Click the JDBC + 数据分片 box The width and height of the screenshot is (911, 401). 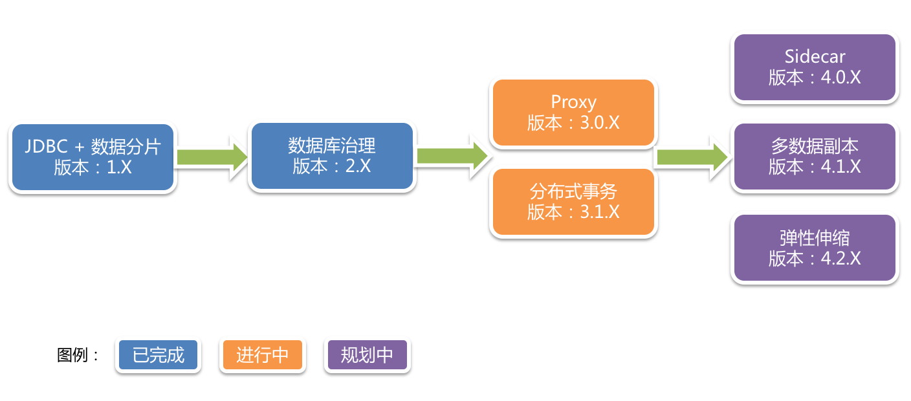[93, 157]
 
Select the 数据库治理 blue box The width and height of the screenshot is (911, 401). [331, 156]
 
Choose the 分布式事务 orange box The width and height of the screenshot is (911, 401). [573, 202]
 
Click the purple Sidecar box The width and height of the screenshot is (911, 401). [815, 67]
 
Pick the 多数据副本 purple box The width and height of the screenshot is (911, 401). [815, 157]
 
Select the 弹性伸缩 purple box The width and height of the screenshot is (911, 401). [815, 248]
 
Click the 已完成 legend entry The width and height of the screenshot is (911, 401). [159, 355]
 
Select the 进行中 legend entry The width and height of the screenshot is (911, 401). [262, 355]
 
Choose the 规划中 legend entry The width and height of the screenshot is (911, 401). [367, 355]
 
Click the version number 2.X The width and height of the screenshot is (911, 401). [358, 166]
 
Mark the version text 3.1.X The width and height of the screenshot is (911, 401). [600, 212]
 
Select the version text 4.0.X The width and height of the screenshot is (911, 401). [841, 78]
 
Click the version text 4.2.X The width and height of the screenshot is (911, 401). [841, 258]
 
